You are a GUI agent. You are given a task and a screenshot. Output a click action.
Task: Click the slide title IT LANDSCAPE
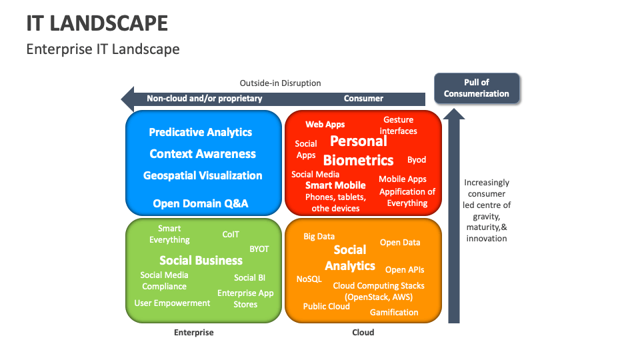(97, 23)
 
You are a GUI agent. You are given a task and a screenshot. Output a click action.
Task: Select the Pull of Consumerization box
(476, 88)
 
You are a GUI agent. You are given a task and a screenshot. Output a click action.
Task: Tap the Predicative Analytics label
(200, 132)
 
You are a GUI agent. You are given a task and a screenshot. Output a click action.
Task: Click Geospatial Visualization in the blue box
(203, 175)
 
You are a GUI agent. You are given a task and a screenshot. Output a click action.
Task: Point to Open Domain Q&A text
(200, 203)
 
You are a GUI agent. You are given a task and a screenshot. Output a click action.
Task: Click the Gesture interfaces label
(398, 125)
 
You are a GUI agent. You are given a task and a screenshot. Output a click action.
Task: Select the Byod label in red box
(416, 160)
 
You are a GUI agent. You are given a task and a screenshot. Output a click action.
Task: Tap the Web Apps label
(325, 125)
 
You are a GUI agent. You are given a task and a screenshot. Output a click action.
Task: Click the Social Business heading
(201, 260)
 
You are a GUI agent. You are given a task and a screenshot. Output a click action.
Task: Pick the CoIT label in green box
(231, 235)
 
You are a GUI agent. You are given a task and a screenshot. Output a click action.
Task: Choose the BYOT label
(259, 249)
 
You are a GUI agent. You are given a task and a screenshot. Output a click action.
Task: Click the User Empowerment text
(172, 303)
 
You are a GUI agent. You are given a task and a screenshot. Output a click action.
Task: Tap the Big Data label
(319, 236)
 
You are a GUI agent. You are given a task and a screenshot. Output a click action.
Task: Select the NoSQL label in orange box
(309, 279)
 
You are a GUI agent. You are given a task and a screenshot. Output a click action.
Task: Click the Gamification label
(394, 312)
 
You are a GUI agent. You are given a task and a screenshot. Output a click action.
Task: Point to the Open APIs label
(404, 270)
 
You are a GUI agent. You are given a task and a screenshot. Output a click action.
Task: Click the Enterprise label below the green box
(193, 332)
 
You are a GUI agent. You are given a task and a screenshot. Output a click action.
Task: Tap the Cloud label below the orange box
(363, 332)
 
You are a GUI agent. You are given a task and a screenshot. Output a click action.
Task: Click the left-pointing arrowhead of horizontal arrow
(127, 99)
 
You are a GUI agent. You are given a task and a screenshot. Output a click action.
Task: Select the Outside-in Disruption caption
(280, 83)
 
